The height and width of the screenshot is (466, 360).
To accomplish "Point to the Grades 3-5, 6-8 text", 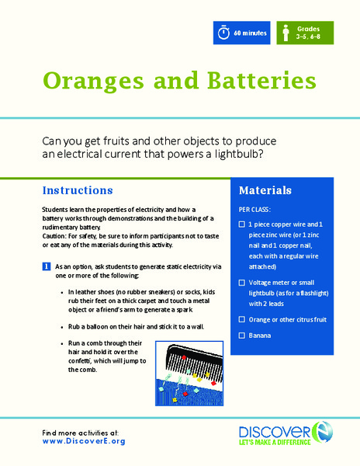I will click(308, 33).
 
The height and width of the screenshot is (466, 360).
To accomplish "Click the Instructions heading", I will click(78, 190).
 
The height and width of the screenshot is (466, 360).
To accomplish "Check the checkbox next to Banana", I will click(243, 335).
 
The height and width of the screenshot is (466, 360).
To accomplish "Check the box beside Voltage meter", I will click(243, 283).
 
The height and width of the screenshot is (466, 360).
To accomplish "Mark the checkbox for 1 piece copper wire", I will click(243, 224).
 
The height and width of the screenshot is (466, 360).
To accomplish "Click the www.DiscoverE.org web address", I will click(84, 440).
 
